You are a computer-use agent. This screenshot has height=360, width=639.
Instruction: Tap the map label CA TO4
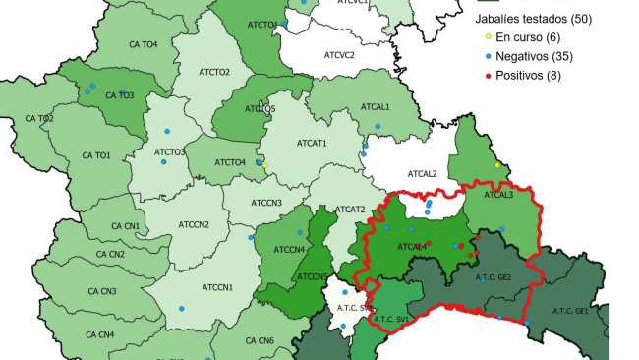(x=143, y=44)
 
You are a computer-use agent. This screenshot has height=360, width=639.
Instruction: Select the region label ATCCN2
(x=193, y=224)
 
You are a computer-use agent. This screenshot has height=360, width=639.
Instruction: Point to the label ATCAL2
(x=423, y=174)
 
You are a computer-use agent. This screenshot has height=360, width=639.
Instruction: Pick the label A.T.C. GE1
(x=569, y=311)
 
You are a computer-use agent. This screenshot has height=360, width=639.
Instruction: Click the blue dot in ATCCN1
(x=181, y=309)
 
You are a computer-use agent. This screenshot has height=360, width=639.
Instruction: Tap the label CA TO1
(x=96, y=155)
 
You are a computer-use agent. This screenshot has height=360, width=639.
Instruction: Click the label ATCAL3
(x=497, y=195)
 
